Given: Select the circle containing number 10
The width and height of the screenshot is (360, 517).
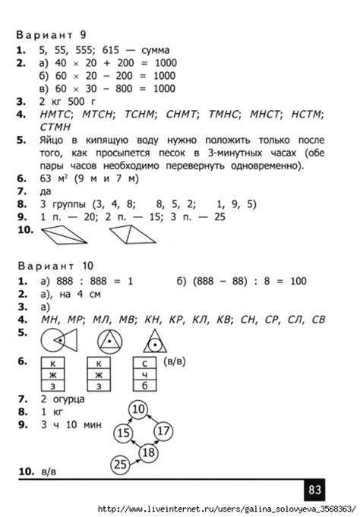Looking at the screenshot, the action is click(x=138, y=411).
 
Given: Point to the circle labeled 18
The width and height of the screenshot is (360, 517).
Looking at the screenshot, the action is click(x=149, y=452).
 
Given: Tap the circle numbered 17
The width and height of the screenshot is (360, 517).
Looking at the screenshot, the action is click(x=163, y=431).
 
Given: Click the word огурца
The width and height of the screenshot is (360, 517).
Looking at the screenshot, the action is click(x=68, y=399).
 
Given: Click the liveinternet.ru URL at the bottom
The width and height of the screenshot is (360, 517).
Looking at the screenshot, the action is click(x=228, y=508).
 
